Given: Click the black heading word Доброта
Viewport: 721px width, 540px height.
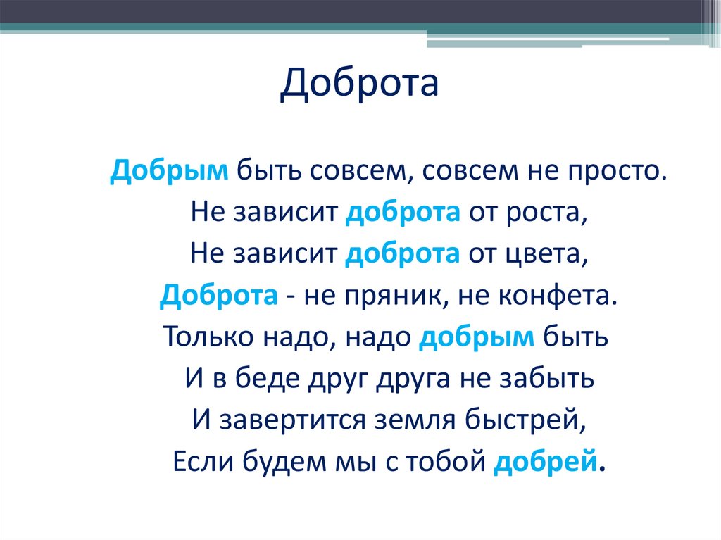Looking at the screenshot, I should tap(359, 84).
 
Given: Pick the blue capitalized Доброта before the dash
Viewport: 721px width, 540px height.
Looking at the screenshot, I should tap(218, 296).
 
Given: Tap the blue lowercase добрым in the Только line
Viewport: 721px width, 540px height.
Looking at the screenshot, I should tap(477, 338).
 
